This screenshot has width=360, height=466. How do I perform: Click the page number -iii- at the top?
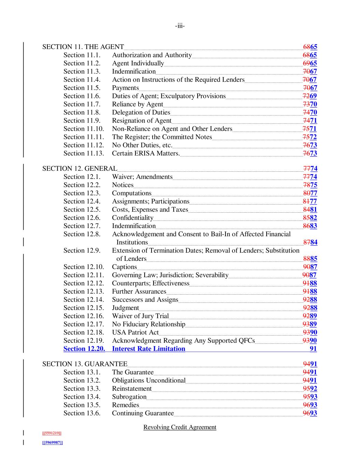180,26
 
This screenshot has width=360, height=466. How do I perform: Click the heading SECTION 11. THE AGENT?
83,47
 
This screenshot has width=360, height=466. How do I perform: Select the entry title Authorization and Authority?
152,55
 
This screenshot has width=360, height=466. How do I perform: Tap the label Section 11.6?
82,96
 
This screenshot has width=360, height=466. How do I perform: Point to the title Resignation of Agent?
142,121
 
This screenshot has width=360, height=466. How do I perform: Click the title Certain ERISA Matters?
146,153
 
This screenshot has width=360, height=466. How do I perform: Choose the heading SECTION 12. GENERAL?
80,168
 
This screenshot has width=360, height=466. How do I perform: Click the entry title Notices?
123,185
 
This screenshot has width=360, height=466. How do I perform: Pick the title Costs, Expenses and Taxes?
150,210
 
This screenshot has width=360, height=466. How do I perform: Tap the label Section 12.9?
82,251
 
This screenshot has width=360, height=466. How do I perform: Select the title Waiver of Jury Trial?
140,316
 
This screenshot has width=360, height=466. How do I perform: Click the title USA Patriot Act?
135,333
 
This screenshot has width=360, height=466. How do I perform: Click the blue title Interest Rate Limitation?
148,349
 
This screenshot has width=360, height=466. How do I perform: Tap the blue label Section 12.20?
84,349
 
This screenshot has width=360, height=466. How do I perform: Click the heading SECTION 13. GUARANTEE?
85,364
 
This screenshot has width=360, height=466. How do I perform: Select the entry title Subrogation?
129,397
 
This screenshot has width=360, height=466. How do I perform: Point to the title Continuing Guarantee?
143,413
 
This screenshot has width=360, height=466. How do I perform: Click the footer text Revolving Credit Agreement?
180,427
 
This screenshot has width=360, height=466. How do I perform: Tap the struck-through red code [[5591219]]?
52,433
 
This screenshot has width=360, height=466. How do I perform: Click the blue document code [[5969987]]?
53,442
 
